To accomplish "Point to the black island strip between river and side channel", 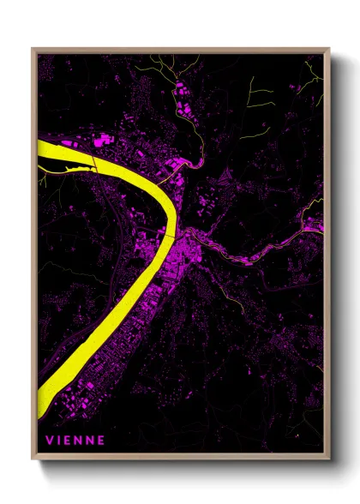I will pos(69,160).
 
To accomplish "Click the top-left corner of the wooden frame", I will pos(33,50).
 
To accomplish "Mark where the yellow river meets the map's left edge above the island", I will pos(40,145).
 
